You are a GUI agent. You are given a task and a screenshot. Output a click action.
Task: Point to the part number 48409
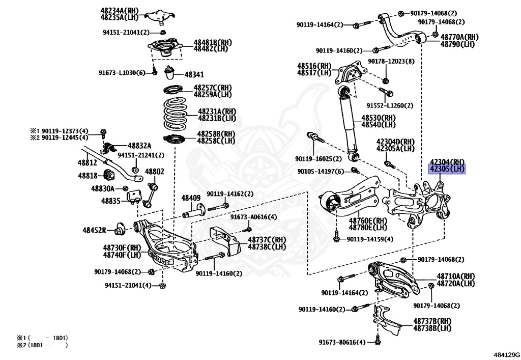click(191, 198)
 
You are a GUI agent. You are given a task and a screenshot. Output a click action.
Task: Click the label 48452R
click(94, 230)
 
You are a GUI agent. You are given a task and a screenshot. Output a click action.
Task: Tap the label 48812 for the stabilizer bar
click(87, 162)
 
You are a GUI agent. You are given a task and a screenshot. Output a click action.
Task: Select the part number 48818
click(87, 176)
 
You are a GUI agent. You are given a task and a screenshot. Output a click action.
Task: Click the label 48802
click(155, 172)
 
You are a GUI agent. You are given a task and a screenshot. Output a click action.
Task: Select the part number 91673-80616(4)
click(342, 342)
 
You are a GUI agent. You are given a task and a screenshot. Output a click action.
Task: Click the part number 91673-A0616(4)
click(253, 217)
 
